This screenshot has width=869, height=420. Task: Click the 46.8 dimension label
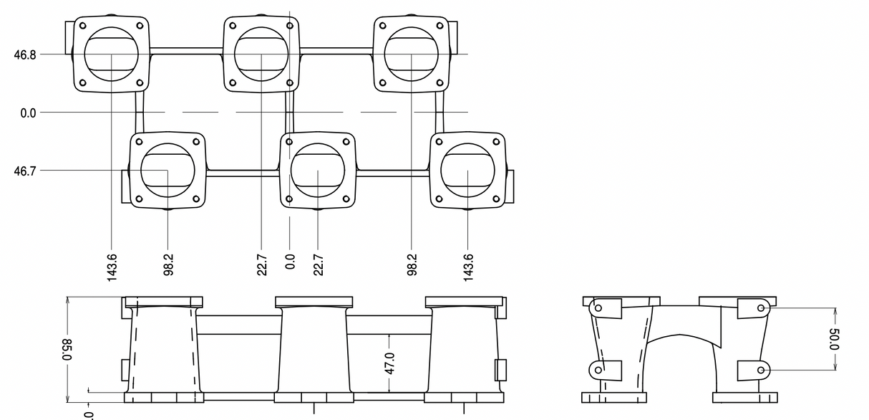(25, 54)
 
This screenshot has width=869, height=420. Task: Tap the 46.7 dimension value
(25, 171)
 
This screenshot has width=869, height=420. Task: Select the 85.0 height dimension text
(67, 350)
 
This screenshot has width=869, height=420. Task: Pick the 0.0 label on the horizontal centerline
(28, 113)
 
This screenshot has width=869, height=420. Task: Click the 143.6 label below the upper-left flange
(112, 267)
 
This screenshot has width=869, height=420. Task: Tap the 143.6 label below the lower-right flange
(468, 267)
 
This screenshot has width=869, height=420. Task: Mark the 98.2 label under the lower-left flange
(168, 264)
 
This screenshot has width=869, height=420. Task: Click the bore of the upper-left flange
(112, 53)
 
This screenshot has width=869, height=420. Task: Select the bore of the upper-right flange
(412, 53)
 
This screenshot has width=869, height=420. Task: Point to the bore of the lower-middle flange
(317, 171)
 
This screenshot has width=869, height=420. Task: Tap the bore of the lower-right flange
(467, 171)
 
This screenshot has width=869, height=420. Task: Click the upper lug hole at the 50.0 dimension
(760, 309)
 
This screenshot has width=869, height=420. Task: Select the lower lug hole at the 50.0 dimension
(760, 370)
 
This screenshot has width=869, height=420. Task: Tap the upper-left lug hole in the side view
(598, 308)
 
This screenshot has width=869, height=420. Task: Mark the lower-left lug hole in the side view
(598, 370)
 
